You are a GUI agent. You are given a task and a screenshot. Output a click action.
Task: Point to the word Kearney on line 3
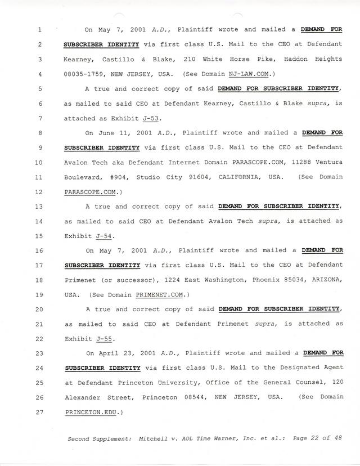pos(78,59)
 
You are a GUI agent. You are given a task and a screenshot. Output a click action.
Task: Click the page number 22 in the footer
pos(312,438)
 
